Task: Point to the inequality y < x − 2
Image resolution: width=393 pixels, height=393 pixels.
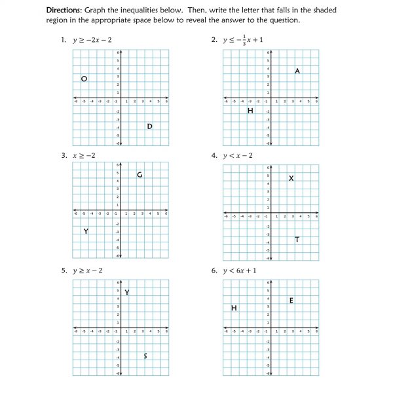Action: pos(238,155)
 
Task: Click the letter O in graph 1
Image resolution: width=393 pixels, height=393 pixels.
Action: pos(84,79)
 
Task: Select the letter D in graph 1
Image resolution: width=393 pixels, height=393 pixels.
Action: pos(149,126)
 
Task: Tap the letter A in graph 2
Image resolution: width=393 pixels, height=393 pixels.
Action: pos(297,71)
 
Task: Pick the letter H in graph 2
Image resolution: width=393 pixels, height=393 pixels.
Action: pos(250,111)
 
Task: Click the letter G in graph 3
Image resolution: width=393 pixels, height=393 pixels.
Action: pos(140,174)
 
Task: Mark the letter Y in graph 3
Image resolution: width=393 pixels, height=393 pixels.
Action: pos(86,231)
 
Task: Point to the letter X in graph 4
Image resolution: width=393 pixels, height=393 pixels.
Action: pos(291,179)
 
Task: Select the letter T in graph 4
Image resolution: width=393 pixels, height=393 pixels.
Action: pos(297,240)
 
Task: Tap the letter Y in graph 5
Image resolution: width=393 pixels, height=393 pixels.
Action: pos(126,292)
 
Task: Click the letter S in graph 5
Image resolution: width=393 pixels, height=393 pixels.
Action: pos(145,356)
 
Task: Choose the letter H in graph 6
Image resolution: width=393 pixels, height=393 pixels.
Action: pos(234,308)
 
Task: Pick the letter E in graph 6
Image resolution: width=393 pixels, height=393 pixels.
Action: pos(291,300)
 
